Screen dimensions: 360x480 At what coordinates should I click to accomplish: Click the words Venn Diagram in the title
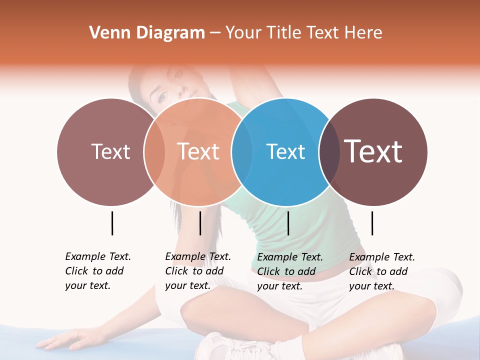147,33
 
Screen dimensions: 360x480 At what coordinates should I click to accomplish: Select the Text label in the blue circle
285,151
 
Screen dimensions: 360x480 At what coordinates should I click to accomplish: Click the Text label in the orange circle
198,151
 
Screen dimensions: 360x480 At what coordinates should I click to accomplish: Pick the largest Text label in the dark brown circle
373,151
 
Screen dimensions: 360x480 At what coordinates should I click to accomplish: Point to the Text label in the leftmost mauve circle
110,151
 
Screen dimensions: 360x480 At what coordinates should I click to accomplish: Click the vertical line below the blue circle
288,223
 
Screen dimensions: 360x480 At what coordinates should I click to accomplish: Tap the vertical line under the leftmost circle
112,223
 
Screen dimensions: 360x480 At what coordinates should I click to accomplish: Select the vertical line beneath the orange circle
200,223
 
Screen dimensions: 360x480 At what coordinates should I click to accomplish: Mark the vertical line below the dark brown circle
372,223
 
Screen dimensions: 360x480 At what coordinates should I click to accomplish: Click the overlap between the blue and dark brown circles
328,151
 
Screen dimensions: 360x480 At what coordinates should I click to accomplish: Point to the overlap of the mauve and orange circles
154,151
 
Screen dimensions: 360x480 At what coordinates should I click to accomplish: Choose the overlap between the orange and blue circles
242,151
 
